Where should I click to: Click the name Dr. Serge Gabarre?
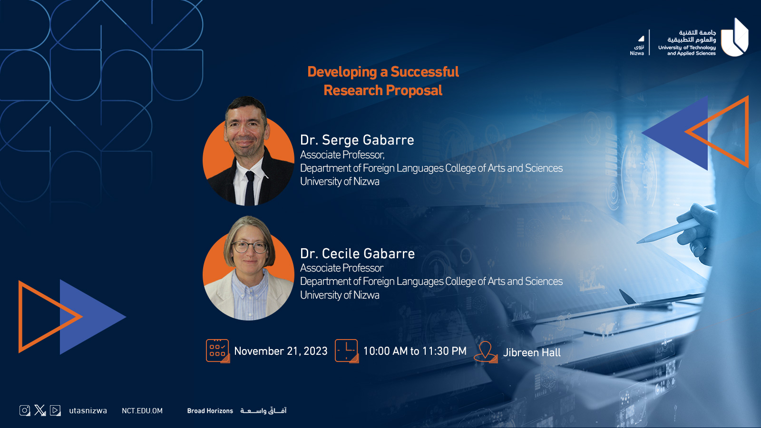[x=357, y=140]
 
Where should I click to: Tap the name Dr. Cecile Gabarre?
[x=357, y=253]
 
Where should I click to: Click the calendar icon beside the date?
[x=217, y=350]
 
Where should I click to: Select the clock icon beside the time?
[x=347, y=350]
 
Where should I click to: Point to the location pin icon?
[x=486, y=352]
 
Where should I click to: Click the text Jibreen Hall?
[x=532, y=352]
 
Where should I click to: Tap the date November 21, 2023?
[x=281, y=351]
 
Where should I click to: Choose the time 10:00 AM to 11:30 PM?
[x=415, y=351]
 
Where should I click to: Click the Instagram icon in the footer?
[x=25, y=410]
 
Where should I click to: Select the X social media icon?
[x=40, y=410]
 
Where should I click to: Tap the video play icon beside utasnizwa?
[x=55, y=410]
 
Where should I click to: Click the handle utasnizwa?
[x=88, y=411]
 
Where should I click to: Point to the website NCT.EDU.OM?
[x=142, y=411]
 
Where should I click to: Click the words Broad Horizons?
[x=210, y=411]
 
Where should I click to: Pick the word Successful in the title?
[x=425, y=72]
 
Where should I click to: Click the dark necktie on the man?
[x=250, y=188]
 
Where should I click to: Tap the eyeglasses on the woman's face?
[x=249, y=247]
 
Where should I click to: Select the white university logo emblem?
[x=734, y=38]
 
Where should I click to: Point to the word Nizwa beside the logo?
[x=637, y=53]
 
